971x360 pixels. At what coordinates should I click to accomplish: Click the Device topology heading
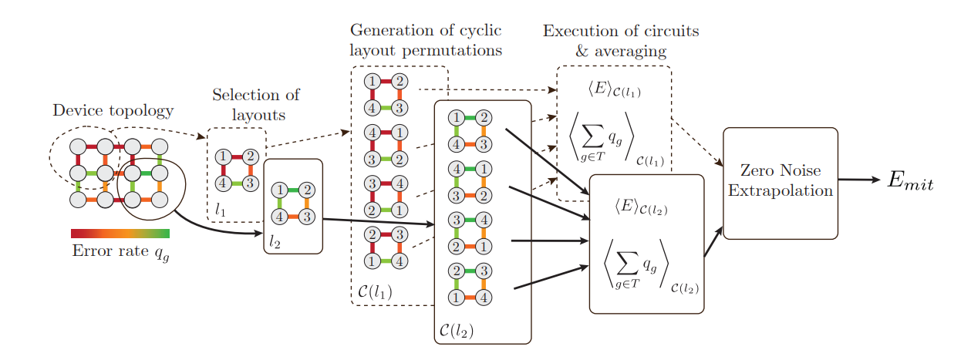click(113, 110)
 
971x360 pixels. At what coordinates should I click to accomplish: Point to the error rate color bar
click(120, 234)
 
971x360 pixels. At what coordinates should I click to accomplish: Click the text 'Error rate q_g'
click(120, 251)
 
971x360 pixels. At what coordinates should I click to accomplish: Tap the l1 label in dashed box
click(221, 209)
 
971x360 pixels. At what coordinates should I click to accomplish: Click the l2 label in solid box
click(276, 241)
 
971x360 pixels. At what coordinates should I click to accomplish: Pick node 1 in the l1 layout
click(223, 157)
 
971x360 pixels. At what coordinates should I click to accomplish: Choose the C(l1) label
click(375, 292)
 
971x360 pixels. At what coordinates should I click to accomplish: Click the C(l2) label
click(456, 331)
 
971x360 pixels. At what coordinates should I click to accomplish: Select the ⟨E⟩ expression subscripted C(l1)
click(614, 91)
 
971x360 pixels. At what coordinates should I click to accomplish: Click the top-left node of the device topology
click(77, 146)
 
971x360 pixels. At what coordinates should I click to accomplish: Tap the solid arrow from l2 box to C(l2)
click(378, 222)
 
